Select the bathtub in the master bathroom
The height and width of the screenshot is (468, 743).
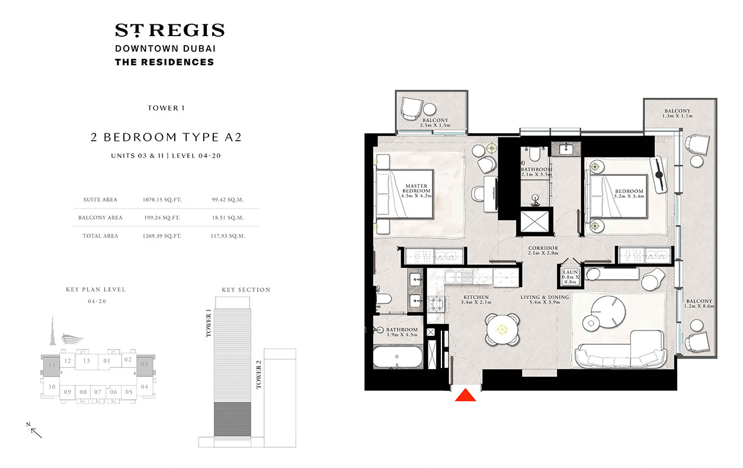point(397,358)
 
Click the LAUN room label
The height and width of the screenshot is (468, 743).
point(570,275)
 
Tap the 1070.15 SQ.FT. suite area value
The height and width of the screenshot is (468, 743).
point(162,200)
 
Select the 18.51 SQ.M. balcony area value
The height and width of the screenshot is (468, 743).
point(228,217)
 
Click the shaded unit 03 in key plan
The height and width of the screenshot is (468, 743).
point(144,366)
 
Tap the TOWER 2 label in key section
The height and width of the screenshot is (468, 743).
point(258,376)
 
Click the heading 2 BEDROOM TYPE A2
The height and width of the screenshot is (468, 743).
point(165,137)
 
